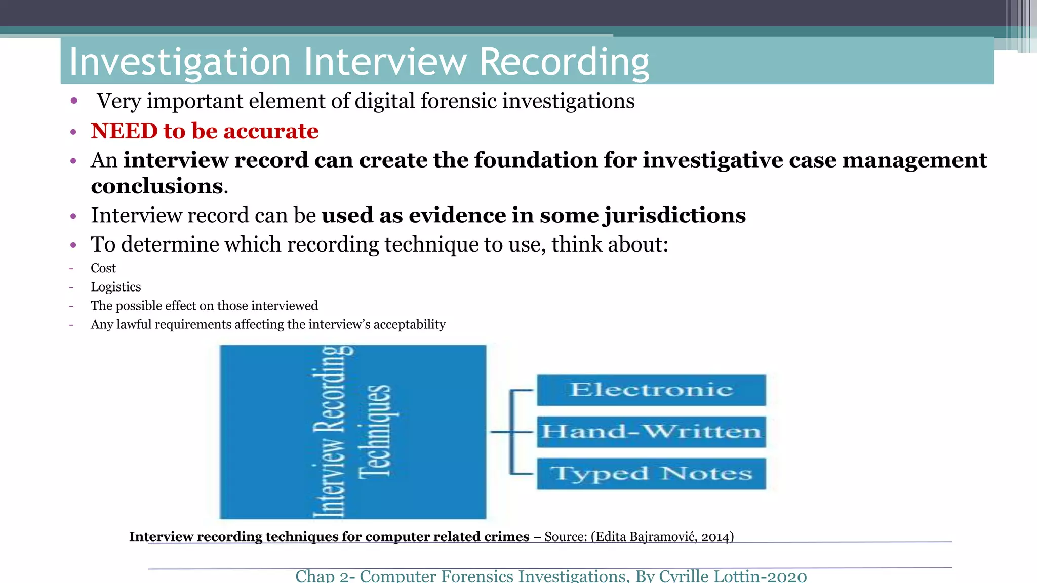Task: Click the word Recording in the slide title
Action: pos(564,62)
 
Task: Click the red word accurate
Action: pos(271,131)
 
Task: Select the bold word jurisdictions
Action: pos(674,216)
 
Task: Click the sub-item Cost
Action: pos(103,268)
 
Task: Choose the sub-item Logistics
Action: pos(116,287)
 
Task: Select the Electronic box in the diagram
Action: pos(651,390)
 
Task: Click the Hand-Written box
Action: pos(651,432)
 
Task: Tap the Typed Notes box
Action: pos(651,474)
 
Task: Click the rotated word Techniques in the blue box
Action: pos(375,432)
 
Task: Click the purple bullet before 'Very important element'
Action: pos(74,101)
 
